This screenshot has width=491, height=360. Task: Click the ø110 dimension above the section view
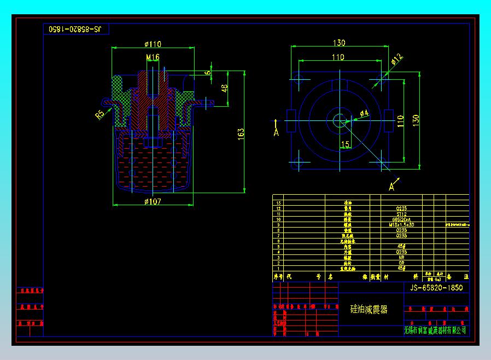click(x=153, y=44)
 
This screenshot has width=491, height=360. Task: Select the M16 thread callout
click(x=153, y=57)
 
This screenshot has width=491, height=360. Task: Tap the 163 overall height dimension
click(x=241, y=133)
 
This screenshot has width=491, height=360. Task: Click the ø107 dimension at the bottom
click(x=153, y=202)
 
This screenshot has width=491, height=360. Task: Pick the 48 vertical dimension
click(x=225, y=88)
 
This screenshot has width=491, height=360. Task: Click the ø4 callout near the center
click(x=364, y=113)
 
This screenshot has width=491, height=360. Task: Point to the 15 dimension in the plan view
click(x=345, y=144)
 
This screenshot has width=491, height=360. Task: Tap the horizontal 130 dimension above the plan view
click(x=339, y=43)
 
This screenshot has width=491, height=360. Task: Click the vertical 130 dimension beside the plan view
click(x=416, y=120)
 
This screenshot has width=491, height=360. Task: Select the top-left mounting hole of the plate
click(x=299, y=78)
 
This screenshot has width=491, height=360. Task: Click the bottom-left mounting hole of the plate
click(x=299, y=162)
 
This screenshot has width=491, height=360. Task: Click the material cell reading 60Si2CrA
click(x=401, y=219)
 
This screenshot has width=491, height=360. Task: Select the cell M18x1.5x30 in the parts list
click(x=401, y=225)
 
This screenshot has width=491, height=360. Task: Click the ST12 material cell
click(x=401, y=214)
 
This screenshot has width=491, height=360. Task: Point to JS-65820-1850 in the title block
click(x=436, y=288)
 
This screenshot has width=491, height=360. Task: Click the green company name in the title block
click(x=435, y=330)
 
